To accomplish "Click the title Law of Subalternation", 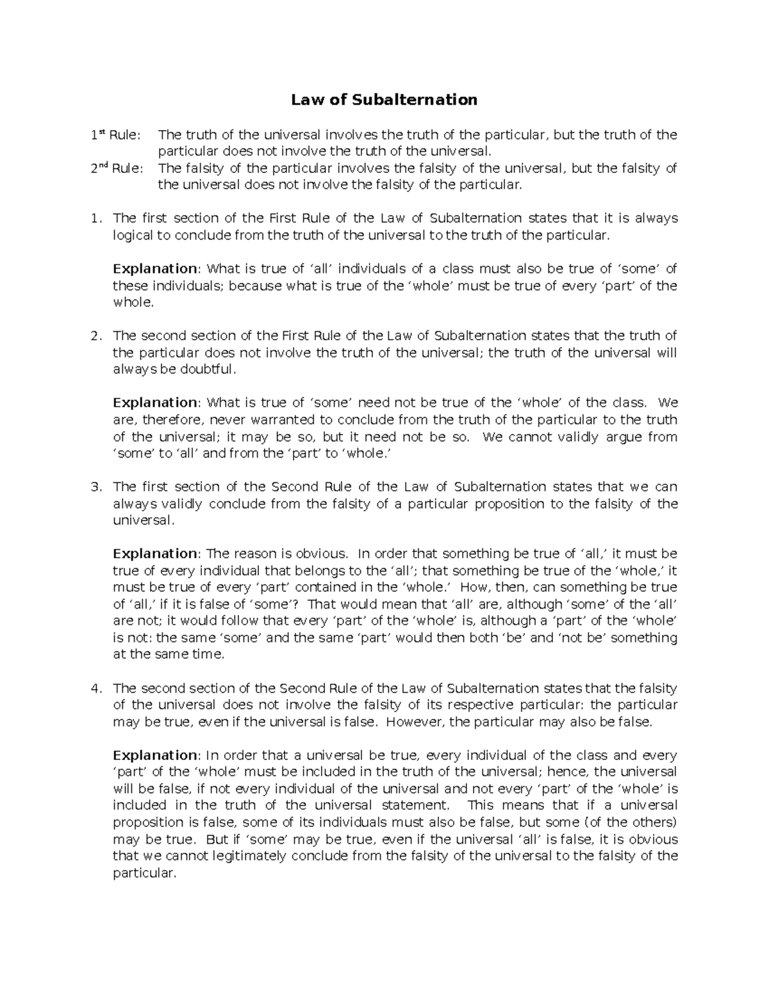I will [384, 99].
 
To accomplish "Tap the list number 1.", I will [95, 218].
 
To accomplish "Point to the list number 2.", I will [95, 336].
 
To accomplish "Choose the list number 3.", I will [95, 487].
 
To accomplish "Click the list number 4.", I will [95, 689].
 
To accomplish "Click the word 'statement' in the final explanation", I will [414, 805].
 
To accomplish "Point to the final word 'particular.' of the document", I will [144, 873].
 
